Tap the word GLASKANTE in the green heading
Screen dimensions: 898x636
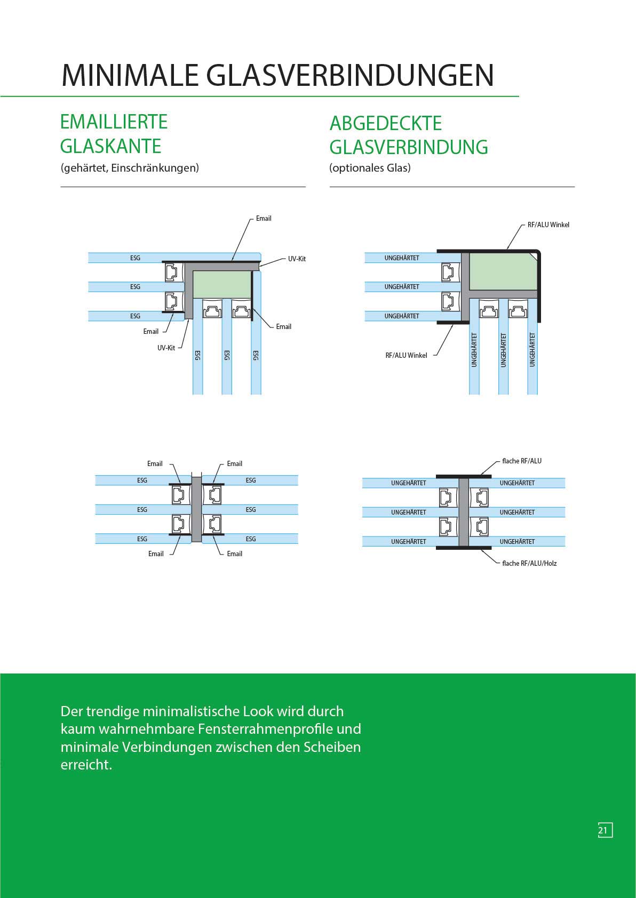pos(110,146)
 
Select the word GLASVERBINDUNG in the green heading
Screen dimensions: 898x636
pos(409,147)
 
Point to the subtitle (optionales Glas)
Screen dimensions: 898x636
pos(370,168)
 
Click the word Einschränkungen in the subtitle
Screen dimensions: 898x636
pos(155,168)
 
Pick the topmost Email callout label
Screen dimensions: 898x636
pos(264,218)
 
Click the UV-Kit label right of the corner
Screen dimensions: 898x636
pos(297,259)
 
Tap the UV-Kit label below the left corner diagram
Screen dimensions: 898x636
pos(166,348)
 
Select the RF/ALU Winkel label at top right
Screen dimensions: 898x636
pos(548,224)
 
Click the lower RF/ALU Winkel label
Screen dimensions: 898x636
pos(406,355)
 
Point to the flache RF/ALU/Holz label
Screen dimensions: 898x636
pos(529,563)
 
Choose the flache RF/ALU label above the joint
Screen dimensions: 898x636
pos(521,461)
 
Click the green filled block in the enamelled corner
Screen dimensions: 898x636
pos(221,284)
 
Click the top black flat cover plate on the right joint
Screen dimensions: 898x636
pos(463,476)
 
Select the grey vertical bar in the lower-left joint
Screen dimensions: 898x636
pos(196,509)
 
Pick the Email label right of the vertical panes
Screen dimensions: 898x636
pos(283,326)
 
